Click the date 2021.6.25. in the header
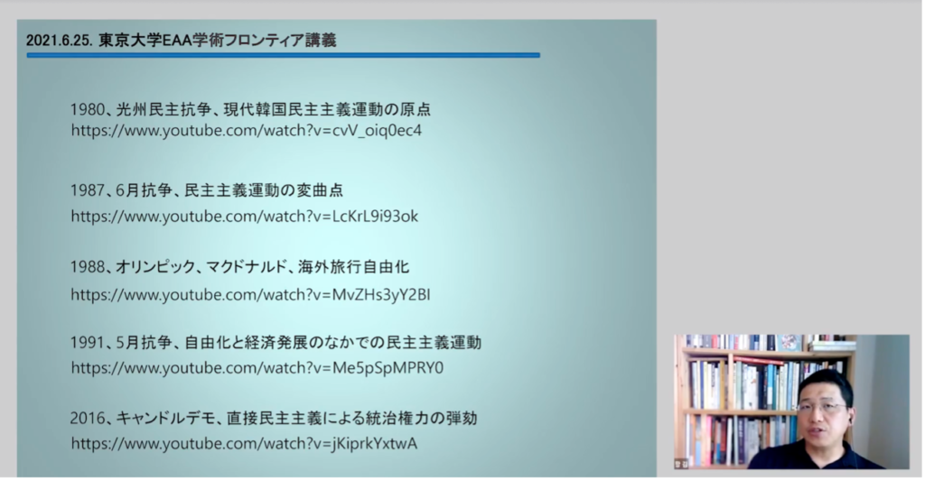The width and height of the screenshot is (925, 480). click(59, 41)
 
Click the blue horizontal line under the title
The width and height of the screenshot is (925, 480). click(283, 55)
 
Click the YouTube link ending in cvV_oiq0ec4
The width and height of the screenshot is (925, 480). click(247, 130)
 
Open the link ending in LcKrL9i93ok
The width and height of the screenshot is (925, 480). click(244, 217)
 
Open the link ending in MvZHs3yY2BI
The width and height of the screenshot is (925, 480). click(251, 294)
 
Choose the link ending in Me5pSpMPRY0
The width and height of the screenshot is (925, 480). click(257, 367)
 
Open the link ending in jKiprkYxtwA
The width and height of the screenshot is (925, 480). click(244, 443)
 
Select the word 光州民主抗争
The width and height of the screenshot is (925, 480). click(164, 109)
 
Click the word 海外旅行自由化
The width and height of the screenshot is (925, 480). click(353, 267)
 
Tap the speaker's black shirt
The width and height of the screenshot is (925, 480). click(820, 456)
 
